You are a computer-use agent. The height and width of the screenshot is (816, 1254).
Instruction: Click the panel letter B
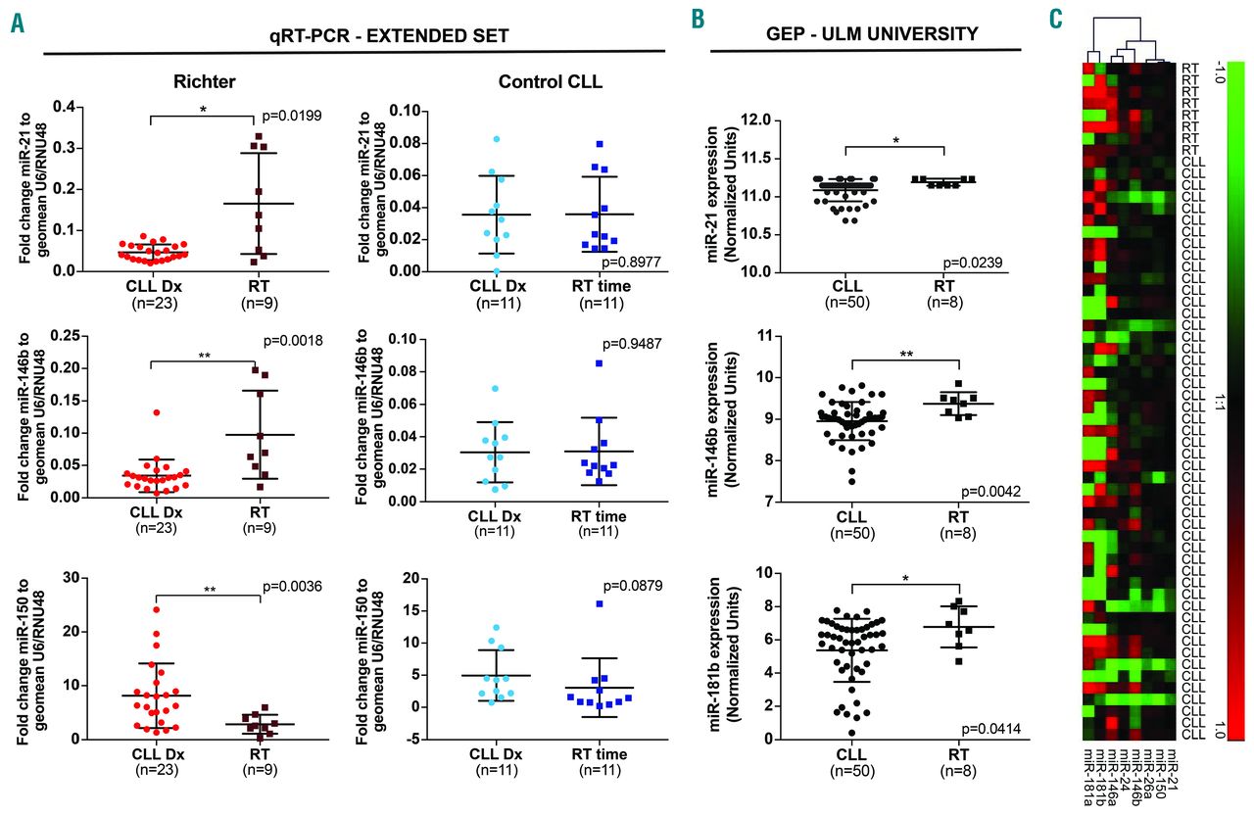pos(697,19)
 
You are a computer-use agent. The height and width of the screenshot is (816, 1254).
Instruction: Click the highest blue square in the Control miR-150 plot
pos(599,603)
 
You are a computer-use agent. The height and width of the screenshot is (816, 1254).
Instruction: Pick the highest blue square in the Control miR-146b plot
pos(599,363)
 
